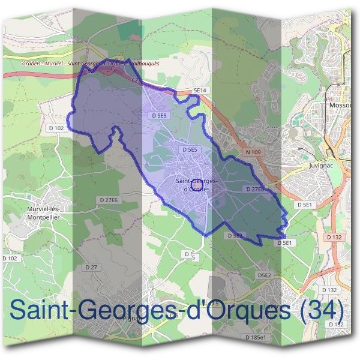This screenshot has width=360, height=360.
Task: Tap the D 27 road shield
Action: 91,266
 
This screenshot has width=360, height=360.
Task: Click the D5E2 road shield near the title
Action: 265,275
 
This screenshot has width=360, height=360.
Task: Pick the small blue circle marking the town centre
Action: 193,193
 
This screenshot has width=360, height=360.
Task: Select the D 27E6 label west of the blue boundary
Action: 109,200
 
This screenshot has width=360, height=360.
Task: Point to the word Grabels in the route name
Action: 29,62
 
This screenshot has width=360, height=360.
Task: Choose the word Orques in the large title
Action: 238,311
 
